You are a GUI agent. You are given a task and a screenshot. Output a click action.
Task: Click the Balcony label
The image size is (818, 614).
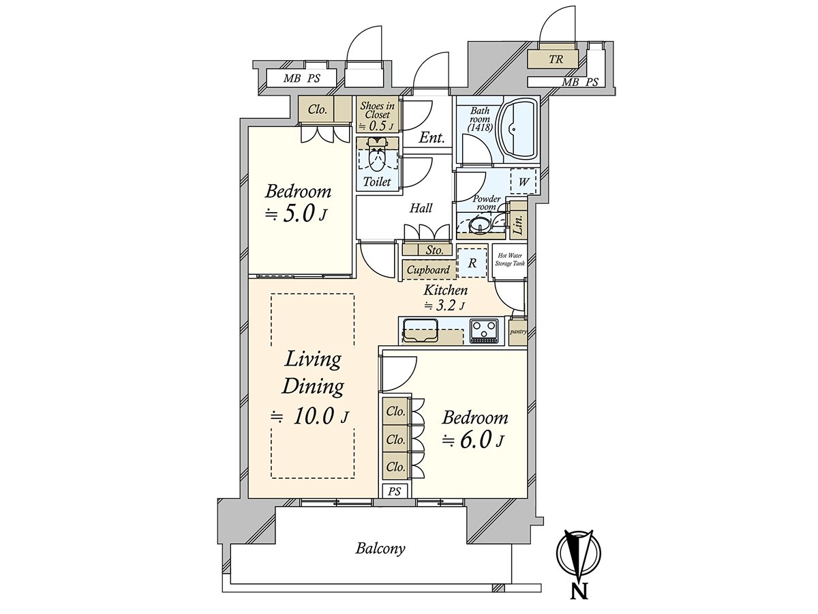pos(380,548)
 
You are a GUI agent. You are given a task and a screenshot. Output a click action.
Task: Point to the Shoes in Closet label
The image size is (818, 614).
pos(377,115)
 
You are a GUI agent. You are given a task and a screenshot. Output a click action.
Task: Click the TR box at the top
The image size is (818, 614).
pos(556,59)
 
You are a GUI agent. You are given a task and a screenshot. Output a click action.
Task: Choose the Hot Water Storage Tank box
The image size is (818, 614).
pos(509,260)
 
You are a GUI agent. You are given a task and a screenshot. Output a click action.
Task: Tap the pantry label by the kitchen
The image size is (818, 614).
pos(517,332)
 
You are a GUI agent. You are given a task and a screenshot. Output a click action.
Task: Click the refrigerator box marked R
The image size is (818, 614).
pos(472,262)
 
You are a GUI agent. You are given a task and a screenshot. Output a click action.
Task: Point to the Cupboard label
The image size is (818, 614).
pos(428,270)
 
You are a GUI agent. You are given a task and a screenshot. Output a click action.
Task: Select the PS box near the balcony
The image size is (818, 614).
pos(394,491)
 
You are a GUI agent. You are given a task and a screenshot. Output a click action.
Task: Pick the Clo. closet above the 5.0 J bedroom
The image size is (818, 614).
pos(317,109)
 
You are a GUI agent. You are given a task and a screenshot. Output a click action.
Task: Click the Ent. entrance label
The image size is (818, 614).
pos(431,138)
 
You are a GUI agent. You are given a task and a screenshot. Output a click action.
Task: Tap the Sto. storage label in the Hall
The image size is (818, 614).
pos(434,250)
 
